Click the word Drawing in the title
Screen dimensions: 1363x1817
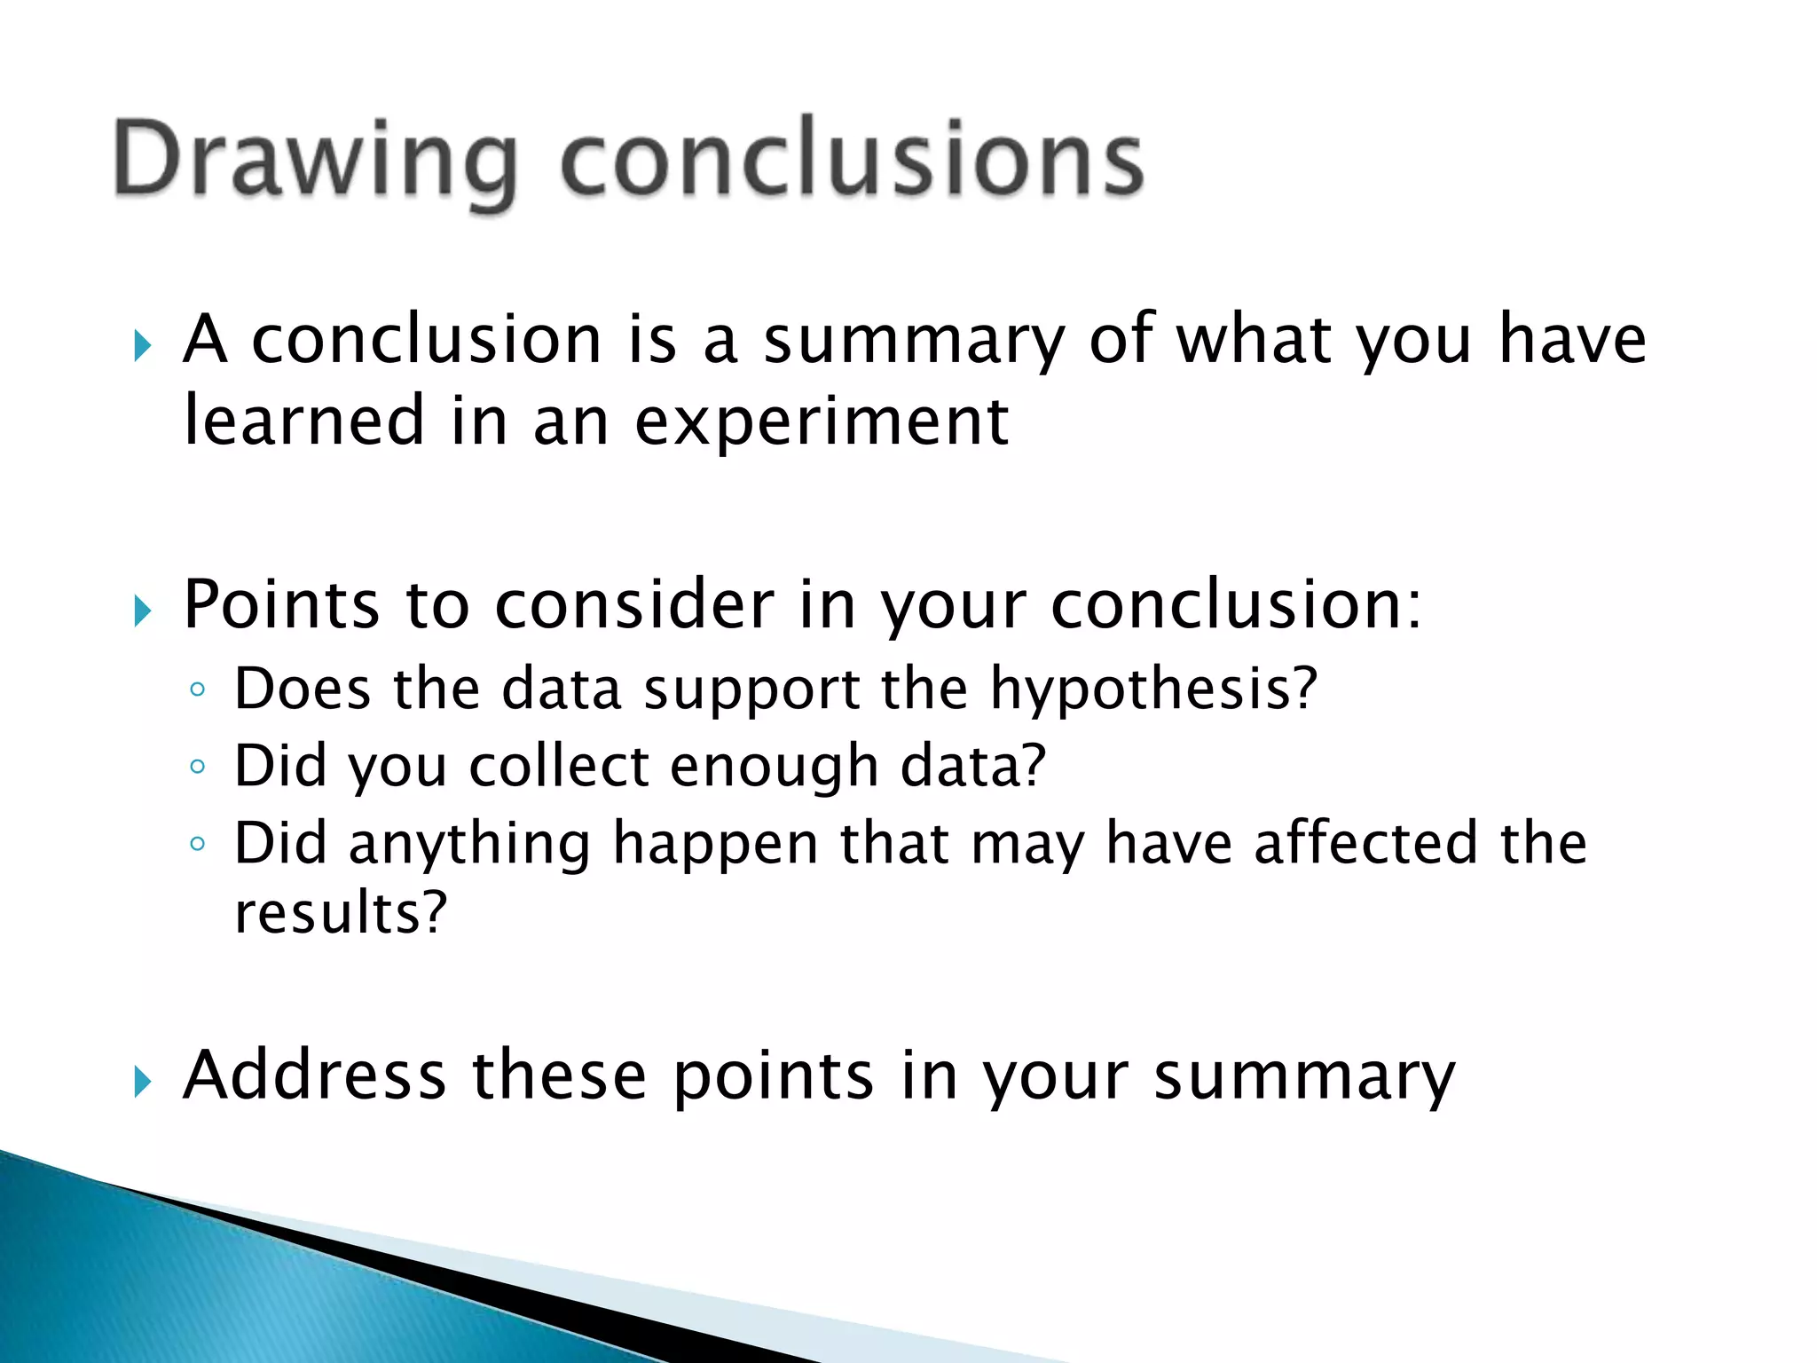pos(315,160)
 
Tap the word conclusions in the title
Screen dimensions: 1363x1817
pos(852,160)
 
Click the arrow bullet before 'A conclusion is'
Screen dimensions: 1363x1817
pos(143,346)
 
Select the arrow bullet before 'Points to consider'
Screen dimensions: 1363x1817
pos(143,611)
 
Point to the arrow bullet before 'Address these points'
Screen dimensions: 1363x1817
pos(143,1082)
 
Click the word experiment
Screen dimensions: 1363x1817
pos(822,422)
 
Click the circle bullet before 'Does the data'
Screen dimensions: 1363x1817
pos(198,689)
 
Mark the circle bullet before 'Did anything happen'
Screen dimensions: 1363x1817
pos(198,844)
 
